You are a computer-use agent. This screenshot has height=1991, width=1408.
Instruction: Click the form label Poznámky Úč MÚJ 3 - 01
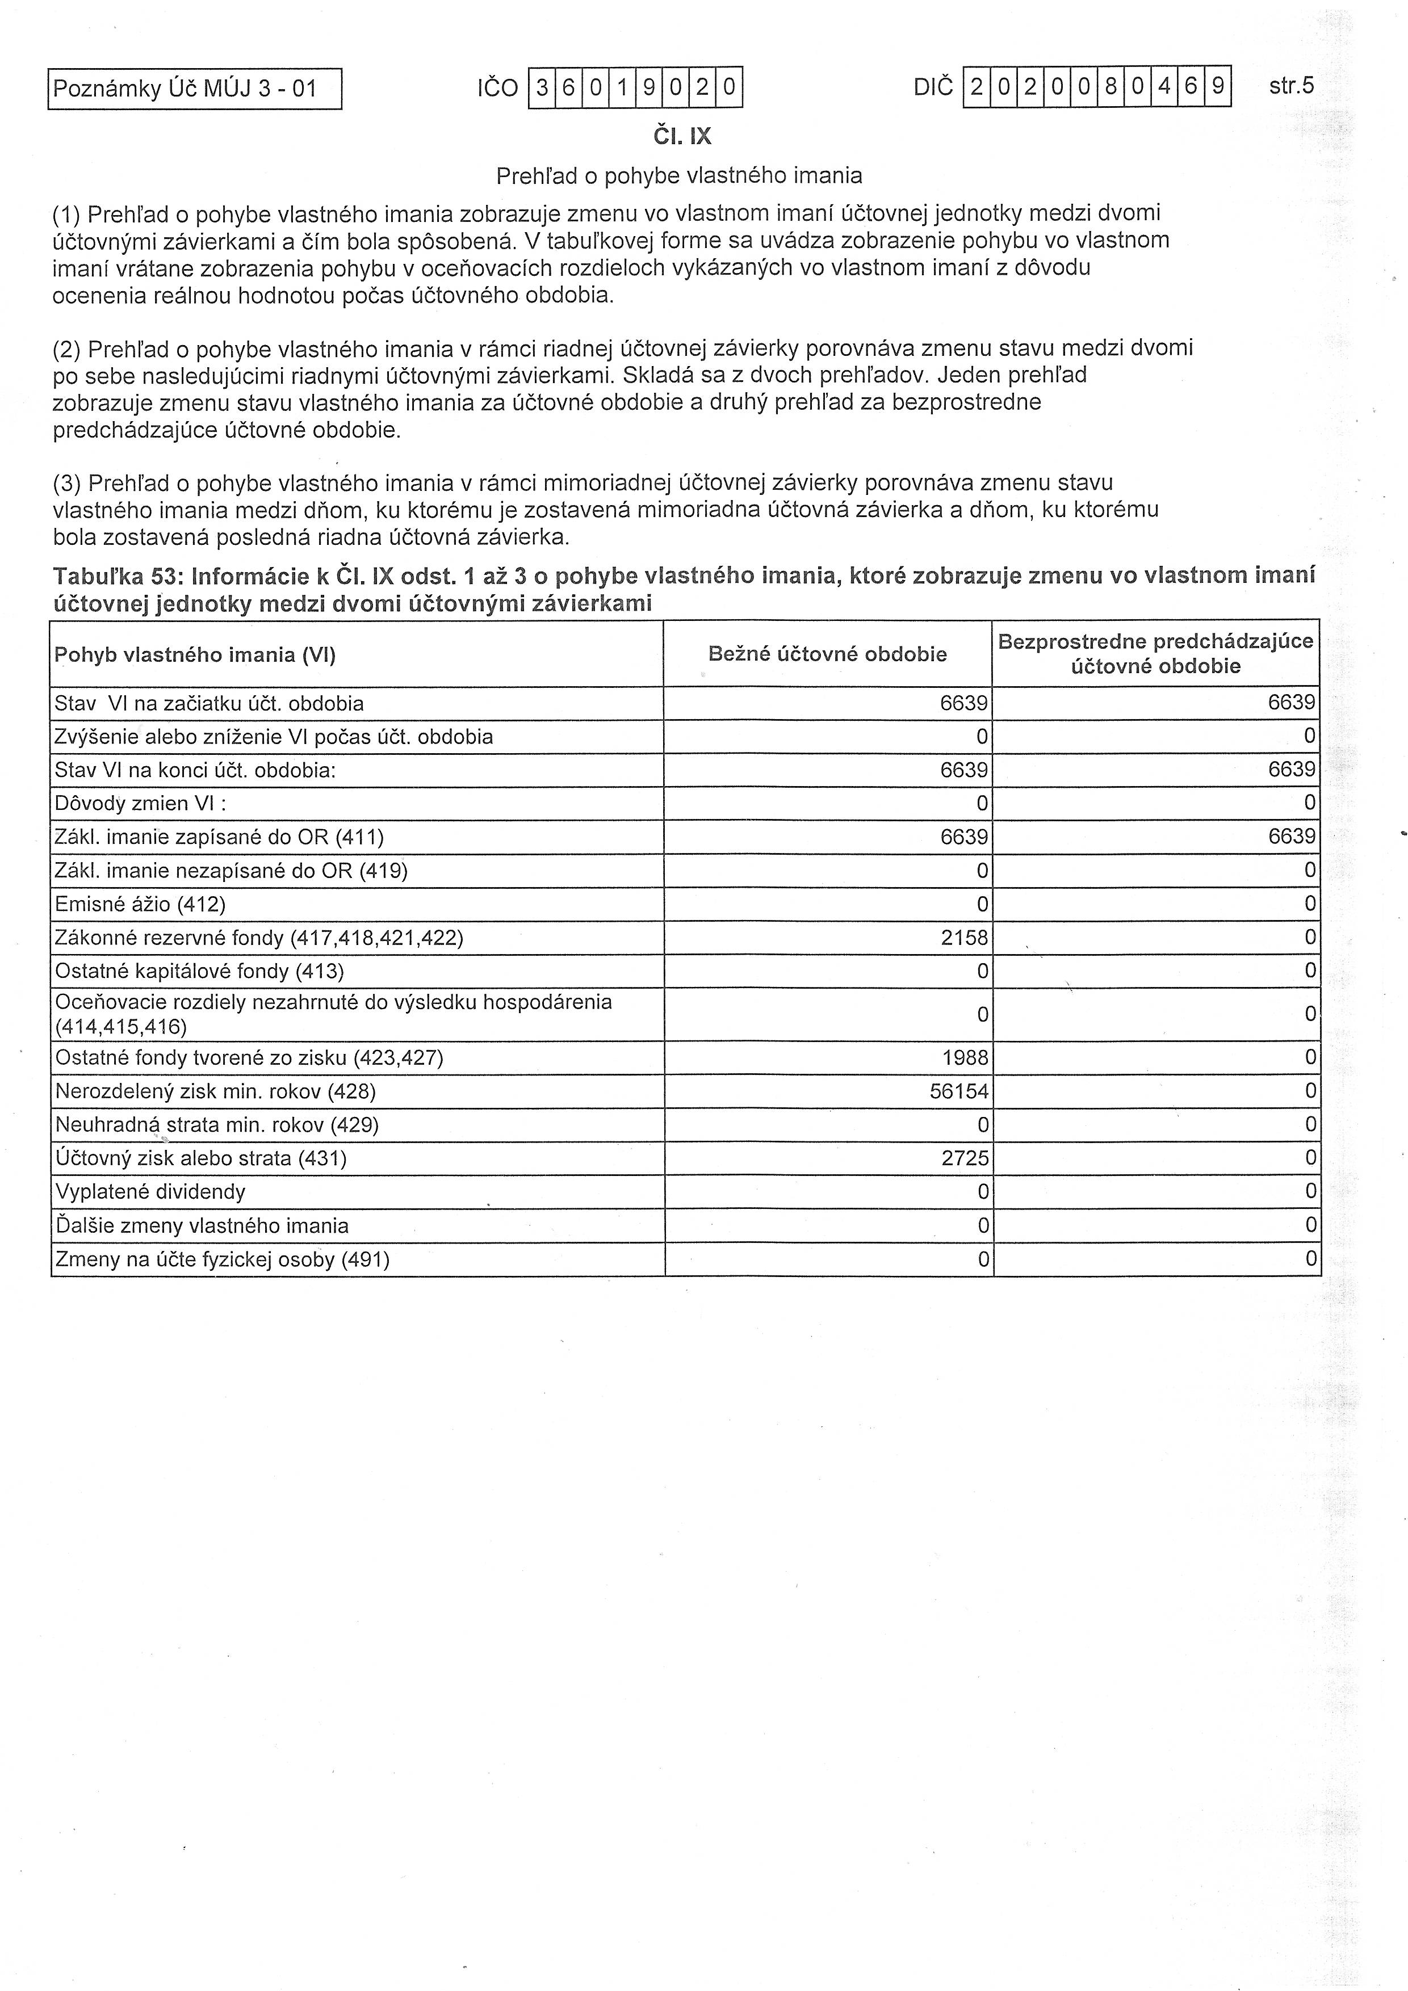[x=185, y=89]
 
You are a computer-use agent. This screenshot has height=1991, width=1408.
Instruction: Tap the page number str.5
[x=1291, y=86]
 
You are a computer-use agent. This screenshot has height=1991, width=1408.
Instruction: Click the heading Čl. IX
[x=682, y=137]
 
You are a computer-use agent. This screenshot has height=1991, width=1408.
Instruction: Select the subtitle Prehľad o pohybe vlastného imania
[x=678, y=176]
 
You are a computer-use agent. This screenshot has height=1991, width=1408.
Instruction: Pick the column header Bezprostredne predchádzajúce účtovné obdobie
[x=1155, y=654]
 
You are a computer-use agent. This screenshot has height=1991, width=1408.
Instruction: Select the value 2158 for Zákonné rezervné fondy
[x=964, y=938]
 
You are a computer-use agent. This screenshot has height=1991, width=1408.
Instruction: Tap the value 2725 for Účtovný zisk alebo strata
[x=965, y=1158]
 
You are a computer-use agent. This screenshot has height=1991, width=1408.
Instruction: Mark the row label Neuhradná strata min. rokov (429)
[x=217, y=1125]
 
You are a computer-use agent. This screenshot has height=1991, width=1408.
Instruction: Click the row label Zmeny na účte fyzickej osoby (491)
[x=222, y=1259]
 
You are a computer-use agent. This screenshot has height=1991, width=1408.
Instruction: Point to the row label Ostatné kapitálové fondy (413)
[x=199, y=971]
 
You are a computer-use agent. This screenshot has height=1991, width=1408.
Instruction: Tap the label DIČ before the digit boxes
[x=933, y=87]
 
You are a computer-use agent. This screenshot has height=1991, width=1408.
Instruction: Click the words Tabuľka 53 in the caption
[x=115, y=577]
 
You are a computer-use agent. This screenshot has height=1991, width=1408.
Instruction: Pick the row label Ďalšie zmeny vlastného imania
[x=202, y=1226]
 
